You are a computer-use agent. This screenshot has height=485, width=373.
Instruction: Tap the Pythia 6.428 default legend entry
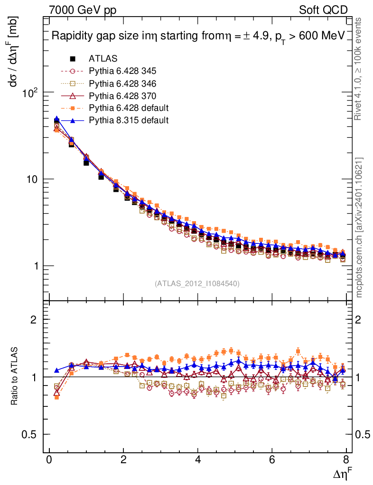129,108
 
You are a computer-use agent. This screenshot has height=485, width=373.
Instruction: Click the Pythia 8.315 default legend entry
129,120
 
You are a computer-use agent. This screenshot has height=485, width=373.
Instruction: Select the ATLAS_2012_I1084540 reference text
197,284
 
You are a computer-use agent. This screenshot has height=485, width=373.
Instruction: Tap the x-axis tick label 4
198,460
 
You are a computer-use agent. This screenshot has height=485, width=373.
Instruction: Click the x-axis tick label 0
49,460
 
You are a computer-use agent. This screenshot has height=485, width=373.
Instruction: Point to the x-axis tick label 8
347,460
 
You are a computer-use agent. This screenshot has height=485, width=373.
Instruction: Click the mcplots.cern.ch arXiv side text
360,228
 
